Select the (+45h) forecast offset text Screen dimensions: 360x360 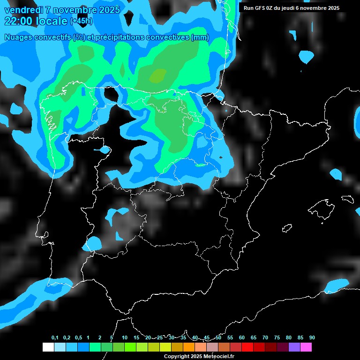[81, 21]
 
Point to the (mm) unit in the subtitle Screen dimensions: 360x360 [200, 37]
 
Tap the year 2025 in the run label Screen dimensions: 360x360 [333, 8]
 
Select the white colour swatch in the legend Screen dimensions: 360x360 [48, 347]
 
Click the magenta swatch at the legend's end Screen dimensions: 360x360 [306, 347]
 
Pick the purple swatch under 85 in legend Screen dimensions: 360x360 [294, 347]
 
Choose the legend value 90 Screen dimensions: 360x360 [312, 338]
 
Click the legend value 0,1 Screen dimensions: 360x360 [54, 338]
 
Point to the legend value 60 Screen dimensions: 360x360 [241, 338]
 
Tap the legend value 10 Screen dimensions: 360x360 [124, 338]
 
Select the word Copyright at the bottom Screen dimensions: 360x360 [176, 356]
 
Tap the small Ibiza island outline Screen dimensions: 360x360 [287, 228]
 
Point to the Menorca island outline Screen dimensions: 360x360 [348, 199]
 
